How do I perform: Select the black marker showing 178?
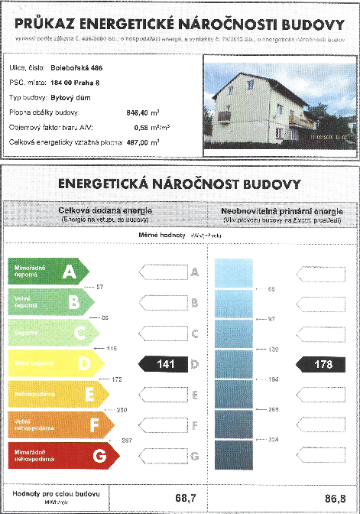point(322,364)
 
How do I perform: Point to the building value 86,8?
point(330,498)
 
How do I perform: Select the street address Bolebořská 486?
point(78,68)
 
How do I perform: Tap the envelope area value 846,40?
point(137,112)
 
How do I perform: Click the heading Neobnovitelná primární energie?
point(282,210)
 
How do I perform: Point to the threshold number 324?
point(272,441)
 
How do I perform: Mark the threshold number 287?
point(127,441)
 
